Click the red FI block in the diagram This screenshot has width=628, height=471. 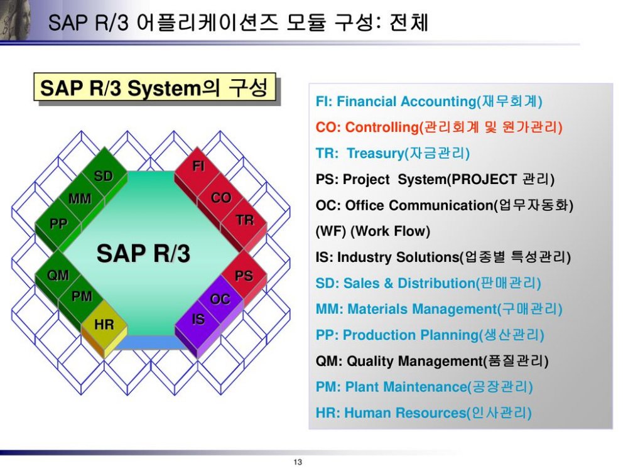(x=198, y=167)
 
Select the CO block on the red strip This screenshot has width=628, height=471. (x=221, y=198)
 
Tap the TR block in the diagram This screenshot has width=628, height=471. (x=244, y=220)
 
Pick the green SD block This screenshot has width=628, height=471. (x=104, y=176)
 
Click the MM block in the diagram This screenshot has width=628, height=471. (x=80, y=200)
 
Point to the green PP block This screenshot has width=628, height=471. (x=58, y=224)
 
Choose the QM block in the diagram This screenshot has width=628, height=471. (x=58, y=275)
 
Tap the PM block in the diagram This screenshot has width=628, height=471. (x=82, y=296)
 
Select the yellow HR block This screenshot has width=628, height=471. (x=104, y=325)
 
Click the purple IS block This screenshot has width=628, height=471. (x=198, y=320)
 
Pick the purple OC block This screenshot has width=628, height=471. (x=220, y=299)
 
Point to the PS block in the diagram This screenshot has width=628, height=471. (x=244, y=276)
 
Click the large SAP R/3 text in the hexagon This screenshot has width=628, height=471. (x=143, y=254)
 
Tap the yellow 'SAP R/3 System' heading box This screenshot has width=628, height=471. (x=154, y=88)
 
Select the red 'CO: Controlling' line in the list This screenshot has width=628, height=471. (x=438, y=127)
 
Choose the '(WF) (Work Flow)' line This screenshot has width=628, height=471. (x=372, y=231)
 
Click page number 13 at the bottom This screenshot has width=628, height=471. (x=298, y=462)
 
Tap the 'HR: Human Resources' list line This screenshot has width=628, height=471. (x=423, y=413)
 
